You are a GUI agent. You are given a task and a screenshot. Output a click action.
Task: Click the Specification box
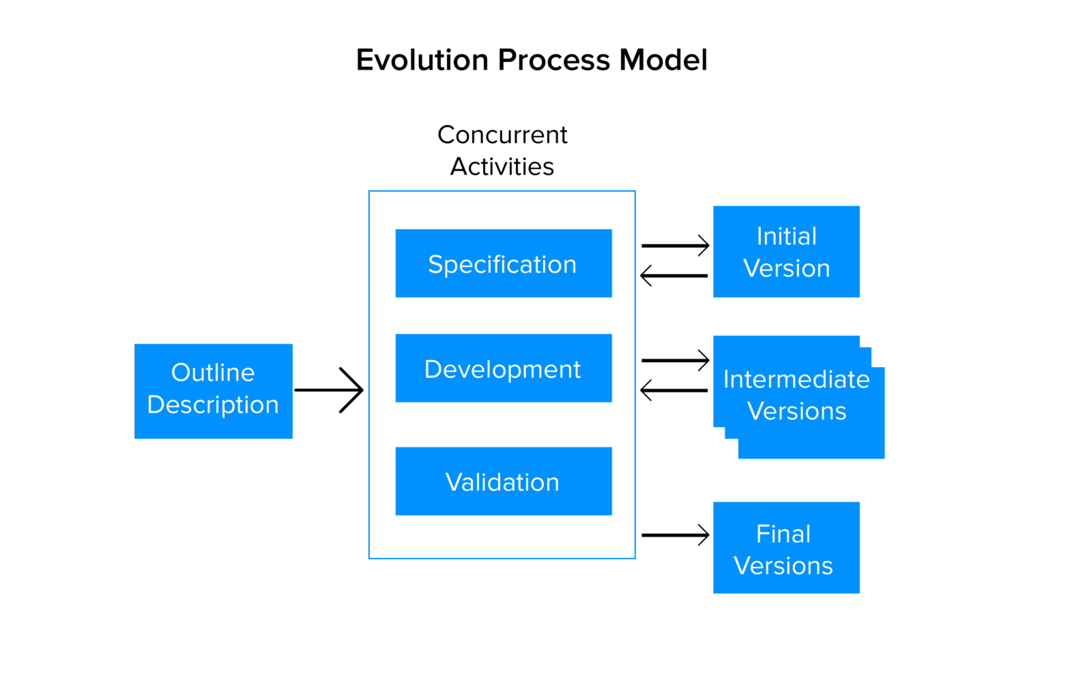[x=503, y=263]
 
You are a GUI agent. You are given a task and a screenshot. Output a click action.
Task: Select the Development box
[x=503, y=368]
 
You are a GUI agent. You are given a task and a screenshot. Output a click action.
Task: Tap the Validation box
[x=503, y=481]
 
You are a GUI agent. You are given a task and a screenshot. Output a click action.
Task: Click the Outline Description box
[x=213, y=391]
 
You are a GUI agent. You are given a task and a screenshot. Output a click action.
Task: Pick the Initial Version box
[x=786, y=252]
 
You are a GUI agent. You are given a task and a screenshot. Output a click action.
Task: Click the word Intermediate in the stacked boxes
[x=796, y=379]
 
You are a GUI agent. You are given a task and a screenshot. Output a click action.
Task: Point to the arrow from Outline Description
[x=330, y=390]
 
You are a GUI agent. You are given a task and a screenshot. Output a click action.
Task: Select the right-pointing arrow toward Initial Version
[x=675, y=246]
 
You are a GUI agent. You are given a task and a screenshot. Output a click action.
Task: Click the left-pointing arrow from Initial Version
[x=675, y=276]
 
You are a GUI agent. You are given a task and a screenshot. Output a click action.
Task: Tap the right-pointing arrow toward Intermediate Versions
[x=675, y=360]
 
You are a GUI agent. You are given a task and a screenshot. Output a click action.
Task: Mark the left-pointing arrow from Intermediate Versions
[x=675, y=390]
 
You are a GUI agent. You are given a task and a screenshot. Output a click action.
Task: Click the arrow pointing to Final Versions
[x=675, y=535]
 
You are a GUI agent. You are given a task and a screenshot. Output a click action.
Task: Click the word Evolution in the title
[x=422, y=60]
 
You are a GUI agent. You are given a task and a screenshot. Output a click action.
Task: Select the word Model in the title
[x=663, y=60]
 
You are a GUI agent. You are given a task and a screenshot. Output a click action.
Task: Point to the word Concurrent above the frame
[x=502, y=135]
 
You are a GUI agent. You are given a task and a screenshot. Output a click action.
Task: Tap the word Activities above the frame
[x=502, y=166]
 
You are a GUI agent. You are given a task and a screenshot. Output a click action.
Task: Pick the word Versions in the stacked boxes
[x=796, y=411]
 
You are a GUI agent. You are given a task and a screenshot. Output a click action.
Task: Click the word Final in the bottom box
[x=783, y=534]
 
